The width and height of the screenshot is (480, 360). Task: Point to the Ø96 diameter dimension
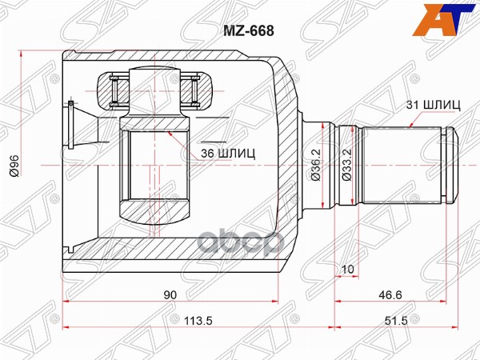(x=15, y=164)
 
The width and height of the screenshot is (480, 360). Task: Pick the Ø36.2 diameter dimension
(x=317, y=164)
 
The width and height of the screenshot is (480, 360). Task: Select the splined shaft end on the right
(x=400, y=163)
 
